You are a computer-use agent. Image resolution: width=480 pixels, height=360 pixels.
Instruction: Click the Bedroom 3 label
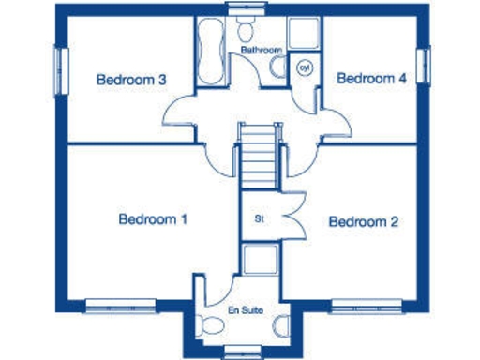click(x=131, y=80)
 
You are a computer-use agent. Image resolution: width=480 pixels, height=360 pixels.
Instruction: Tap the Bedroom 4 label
click(x=371, y=80)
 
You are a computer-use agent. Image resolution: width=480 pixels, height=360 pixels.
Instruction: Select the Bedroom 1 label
click(x=153, y=219)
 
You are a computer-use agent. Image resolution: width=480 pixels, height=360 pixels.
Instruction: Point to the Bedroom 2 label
click(x=364, y=222)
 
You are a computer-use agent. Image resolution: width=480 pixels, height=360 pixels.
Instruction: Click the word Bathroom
click(x=261, y=49)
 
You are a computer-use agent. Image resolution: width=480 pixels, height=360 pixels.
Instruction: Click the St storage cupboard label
click(x=260, y=219)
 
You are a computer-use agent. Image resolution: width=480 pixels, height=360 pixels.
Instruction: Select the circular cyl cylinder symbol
click(x=305, y=67)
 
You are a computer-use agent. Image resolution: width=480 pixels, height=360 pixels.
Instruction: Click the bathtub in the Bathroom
click(x=208, y=52)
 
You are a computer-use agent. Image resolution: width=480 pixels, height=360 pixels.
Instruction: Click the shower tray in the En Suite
click(x=260, y=260)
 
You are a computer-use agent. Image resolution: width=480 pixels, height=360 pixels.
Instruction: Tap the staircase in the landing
click(x=255, y=158)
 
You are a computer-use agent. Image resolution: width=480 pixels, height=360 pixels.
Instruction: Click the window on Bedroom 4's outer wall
click(x=422, y=68)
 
